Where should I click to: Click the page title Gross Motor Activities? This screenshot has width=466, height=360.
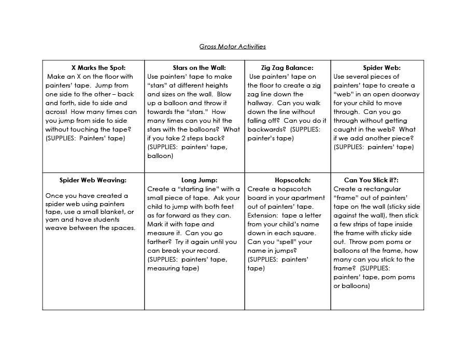click(x=232, y=47)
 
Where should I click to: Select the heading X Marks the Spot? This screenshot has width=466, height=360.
click(x=98, y=68)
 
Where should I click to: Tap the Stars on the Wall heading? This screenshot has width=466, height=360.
click(x=199, y=68)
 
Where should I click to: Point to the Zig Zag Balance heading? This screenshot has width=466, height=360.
click(x=287, y=68)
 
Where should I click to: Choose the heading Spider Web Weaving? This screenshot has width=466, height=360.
click(x=93, y=180)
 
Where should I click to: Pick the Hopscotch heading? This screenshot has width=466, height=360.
click(x=292, y=180)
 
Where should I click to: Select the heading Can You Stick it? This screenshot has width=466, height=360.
click(x=371, y=180)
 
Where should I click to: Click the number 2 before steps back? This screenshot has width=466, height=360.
click(x=190, y=138)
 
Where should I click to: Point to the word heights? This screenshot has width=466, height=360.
click(x=213, y=85)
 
